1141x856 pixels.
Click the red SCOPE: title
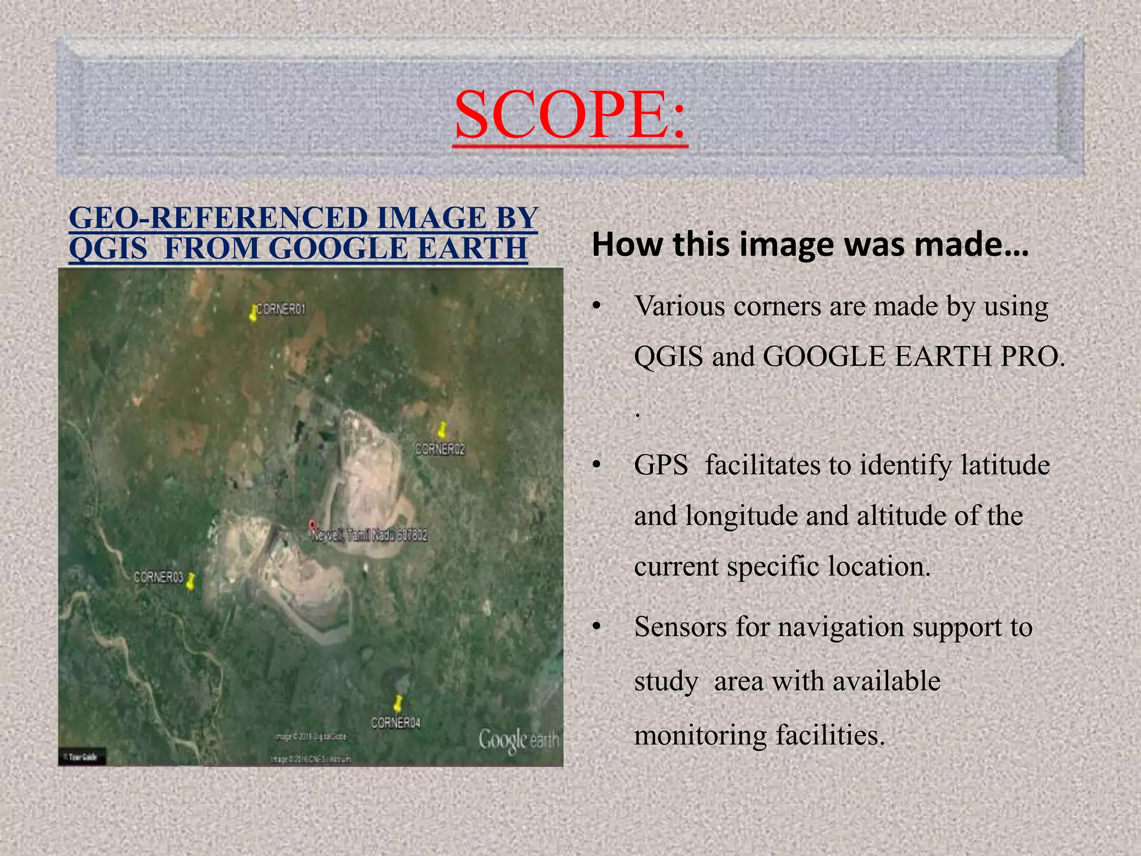[570, 115]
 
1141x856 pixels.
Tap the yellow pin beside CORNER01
[253, 314]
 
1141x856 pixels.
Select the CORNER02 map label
[440, 449]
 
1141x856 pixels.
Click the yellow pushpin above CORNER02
[442, 430]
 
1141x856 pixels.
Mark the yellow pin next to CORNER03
[191, 581]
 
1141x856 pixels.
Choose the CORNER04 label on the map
[396, 723]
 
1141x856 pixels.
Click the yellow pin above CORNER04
[398, 703]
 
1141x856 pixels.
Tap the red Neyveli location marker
[312, 525]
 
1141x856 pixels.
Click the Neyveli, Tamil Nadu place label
[370, 536]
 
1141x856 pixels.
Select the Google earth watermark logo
[518, 741]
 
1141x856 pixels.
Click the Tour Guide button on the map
[82, 757]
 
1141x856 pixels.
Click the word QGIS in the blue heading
[108, 248]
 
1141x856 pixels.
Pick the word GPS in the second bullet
[661, 465]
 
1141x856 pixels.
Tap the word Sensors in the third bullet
[680, 627]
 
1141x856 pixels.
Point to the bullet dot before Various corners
[597, 307]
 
